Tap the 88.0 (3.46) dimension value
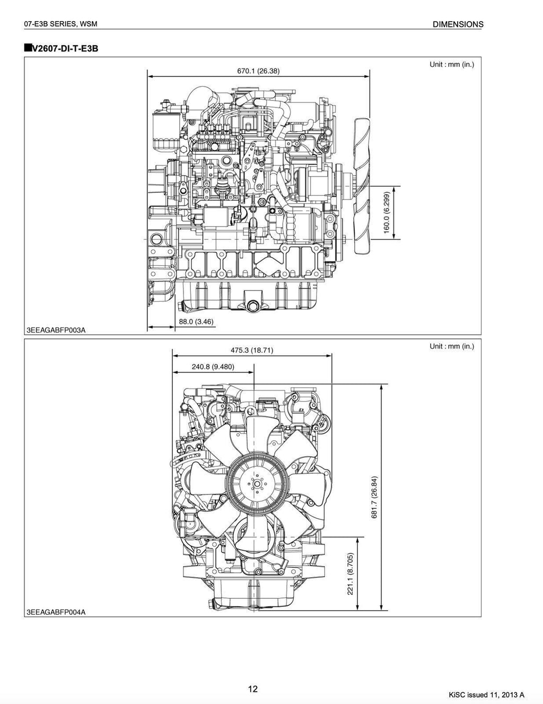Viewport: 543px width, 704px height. [x=196, y=321]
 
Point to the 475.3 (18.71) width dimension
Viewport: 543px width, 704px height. [x=252, y=350]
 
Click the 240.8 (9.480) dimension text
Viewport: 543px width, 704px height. [x=213, y=367]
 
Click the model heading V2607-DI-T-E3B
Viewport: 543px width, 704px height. [x=62, y=49]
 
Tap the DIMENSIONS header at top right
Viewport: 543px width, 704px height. [x=458, y=24]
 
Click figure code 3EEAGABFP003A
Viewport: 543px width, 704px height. [x=56, y=330]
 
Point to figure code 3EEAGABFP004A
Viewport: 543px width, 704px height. [x=56, y=612]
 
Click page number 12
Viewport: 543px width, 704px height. [x=252, y=689]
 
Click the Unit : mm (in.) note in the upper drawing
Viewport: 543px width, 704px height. [x=451, y=65]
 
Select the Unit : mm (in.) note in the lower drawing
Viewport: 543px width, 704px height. [x=451, y=346]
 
